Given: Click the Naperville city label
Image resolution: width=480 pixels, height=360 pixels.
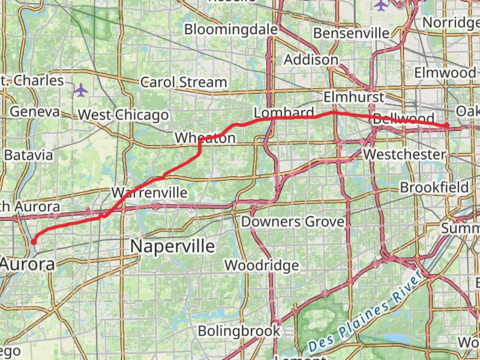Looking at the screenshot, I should [x=172, y=247].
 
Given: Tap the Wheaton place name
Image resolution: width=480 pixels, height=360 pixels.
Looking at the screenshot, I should [x=205, y=138].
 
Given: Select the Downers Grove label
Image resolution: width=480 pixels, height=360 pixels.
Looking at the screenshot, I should [x=292, y=222].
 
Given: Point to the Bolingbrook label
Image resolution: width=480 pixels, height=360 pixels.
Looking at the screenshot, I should [x=239, y=331].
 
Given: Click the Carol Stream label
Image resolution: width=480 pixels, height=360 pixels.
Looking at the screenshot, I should [x=183, y=82].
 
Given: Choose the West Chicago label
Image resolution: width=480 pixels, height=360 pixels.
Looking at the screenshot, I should [x=123, y=115].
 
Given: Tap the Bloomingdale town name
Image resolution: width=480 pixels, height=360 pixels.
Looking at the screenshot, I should [x=231, y=29].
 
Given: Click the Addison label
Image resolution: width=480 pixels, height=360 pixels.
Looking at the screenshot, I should [x=311, y=60].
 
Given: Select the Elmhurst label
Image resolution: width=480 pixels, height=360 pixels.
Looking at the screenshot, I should [x=354, y=97].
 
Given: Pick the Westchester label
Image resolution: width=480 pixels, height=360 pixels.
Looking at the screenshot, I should [x=404, y=154].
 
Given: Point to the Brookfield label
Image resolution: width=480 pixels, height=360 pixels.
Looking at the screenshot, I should [x=434, y=187].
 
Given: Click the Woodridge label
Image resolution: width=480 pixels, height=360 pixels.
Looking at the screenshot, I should [x=262, y=265].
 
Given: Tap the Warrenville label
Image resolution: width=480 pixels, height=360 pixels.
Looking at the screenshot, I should [x=149, y=193].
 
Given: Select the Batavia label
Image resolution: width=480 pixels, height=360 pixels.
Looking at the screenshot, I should [x=29, y=155].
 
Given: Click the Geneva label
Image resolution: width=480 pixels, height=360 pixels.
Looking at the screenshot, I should [x=35, y=112].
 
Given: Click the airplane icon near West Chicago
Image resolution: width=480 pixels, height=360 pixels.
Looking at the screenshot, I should [x=81, y=90].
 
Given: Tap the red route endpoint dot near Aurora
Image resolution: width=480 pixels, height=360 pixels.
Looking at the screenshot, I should [x=34, y=242].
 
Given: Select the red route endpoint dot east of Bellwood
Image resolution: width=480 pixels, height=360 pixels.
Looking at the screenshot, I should [x=446, y=125].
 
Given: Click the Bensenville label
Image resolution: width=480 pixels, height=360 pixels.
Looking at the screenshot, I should [x=351, y=33].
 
